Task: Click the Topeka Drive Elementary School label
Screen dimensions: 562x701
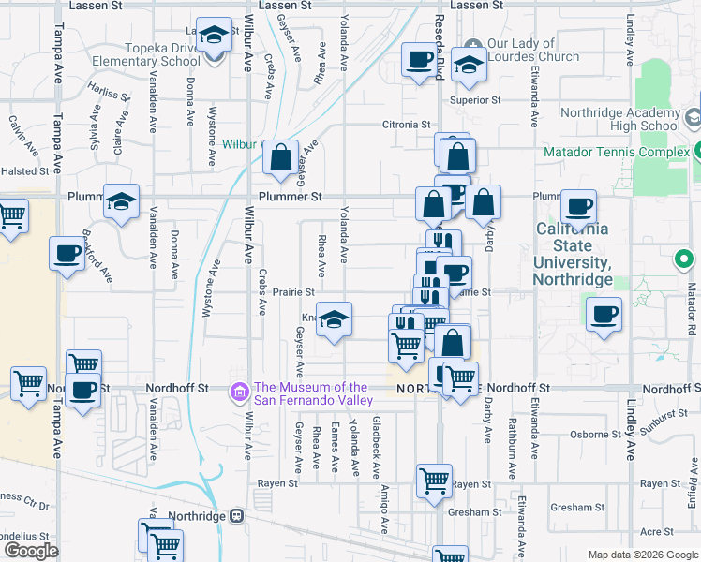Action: click(146, 54)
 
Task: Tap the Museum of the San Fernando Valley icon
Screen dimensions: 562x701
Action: click(240, 390)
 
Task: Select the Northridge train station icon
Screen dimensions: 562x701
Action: click(237, 516)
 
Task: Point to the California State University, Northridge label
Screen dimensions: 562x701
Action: click(572, 254)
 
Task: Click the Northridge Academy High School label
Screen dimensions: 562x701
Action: click(619, 119)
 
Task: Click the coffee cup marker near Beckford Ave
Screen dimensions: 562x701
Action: click(67, 256)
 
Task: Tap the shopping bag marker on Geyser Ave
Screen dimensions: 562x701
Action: click(281, 159)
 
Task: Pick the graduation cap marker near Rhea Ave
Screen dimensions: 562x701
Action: click(334, 321)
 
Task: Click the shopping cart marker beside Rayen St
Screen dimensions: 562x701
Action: click(434, 482)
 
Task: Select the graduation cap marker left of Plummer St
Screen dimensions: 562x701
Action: click(122, 202)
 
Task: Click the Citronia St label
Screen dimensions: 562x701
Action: click(406, 124)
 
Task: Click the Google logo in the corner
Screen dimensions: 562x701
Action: click(31, 551)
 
